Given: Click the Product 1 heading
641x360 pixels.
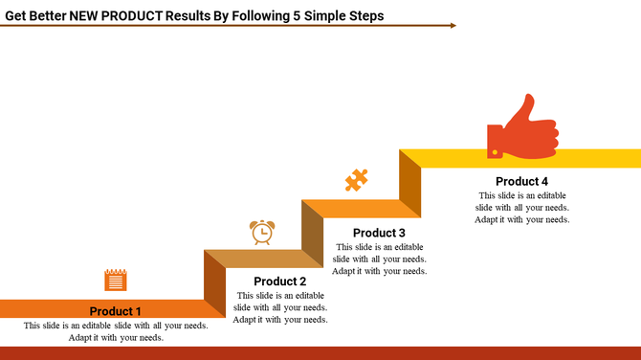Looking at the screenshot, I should pos(116,311).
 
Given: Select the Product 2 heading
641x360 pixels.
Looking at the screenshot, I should pos(280,281).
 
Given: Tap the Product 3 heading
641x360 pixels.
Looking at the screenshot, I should pos(379,233).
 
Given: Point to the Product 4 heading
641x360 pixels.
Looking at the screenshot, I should pos(521,181).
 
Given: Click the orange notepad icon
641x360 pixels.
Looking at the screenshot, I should pos(116,280).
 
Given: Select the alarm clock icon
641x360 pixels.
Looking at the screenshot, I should pos(262,232).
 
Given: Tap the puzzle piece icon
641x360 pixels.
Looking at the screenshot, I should pos(357,180).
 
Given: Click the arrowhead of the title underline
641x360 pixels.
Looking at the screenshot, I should pos(453,26).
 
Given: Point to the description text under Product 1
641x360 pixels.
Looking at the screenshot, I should pos(116,331).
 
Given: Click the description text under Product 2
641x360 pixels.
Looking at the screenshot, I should pos(280,307).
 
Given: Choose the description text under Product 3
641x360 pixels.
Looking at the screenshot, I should pos(379,259).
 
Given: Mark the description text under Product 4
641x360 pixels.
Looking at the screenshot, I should pos(521,207).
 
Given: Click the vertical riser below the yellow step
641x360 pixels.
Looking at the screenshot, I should pos(410,182).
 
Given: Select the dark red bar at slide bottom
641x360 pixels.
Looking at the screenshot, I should pos(320,353).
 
